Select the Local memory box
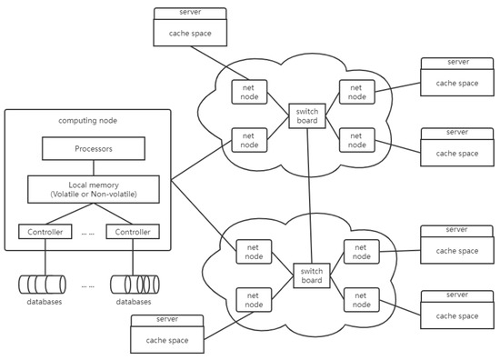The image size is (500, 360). point(94,189)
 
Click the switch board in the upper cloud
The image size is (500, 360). point(304,115)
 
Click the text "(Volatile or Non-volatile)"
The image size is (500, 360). point(94,195)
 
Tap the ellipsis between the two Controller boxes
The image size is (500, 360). point(88,233)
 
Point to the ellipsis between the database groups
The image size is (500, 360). point(88,284)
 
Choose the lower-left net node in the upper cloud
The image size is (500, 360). point(247,139)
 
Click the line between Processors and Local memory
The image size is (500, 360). point(93,167)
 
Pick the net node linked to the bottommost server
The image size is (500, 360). point(252,298)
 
